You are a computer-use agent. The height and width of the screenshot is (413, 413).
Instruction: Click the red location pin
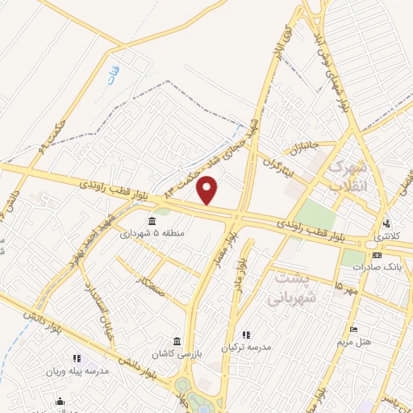208,190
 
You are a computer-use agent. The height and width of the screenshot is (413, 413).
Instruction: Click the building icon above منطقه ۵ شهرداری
151,221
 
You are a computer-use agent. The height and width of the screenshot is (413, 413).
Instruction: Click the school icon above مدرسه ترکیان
247,334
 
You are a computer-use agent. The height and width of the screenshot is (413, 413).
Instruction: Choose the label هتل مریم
353,342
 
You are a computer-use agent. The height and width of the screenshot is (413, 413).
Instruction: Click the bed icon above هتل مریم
352,329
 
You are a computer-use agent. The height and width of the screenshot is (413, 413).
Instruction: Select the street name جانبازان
301,149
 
